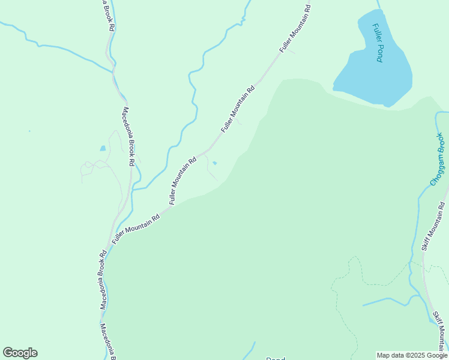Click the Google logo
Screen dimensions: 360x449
(x=20, y=353)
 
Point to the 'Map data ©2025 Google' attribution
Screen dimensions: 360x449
(x=412, y=355)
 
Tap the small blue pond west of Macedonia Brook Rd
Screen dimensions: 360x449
(x=103, y=148)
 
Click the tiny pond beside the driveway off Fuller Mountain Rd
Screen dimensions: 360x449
(x=215, y=162)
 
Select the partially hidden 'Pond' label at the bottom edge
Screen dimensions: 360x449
(x=276, y=358)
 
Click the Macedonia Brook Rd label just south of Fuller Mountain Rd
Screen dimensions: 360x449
(x=103, y=280)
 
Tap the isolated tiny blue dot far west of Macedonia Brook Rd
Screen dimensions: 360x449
(x=29, y=131)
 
